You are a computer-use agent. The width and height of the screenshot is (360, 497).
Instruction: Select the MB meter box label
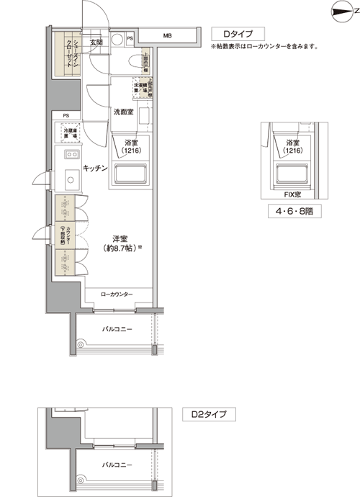click(167, 35)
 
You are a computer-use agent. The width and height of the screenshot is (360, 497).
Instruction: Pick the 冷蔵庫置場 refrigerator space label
click(69, 133)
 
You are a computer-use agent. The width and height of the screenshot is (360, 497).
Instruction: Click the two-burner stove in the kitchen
click(71, 156)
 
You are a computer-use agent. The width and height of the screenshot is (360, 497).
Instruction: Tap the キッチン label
click(95, 168)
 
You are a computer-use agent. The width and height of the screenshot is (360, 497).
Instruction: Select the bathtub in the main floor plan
click(128, 174)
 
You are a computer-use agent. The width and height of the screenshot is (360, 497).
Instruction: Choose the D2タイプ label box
click(209, 415)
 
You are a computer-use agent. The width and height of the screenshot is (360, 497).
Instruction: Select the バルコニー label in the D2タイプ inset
click(114, 465)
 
